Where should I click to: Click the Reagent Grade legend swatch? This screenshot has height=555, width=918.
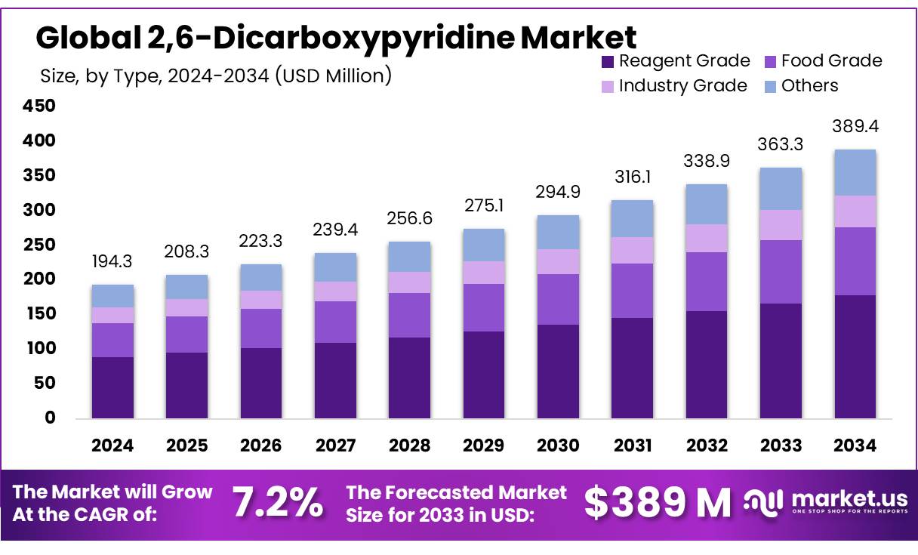click(x=607, y=62)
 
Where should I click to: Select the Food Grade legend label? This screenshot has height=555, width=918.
click(x=831, y=61)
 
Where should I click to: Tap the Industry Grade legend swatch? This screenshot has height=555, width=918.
click(x=607, y=87)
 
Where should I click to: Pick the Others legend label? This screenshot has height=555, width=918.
click(x=809, y=86)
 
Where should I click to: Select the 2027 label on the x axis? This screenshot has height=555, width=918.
click(x=334, y=446)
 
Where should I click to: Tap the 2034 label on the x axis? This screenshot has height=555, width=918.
click(x=855, y=446)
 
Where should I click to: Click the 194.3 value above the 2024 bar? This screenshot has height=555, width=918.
click(x=112, y=263)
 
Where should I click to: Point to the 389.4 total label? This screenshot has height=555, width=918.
click(x=855, y=126)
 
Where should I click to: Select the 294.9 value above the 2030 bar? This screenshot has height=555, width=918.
click(x=558, y=192)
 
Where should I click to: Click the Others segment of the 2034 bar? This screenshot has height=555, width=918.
click(x=855, y=173)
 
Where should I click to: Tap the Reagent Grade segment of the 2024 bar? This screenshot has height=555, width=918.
click(x=112, y=387)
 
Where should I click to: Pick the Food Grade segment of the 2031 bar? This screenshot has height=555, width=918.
click(x=632, y=291)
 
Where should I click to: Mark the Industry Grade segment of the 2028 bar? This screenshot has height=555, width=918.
click(x=409, y=282)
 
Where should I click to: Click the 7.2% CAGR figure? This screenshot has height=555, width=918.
click(x=277, y=503)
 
